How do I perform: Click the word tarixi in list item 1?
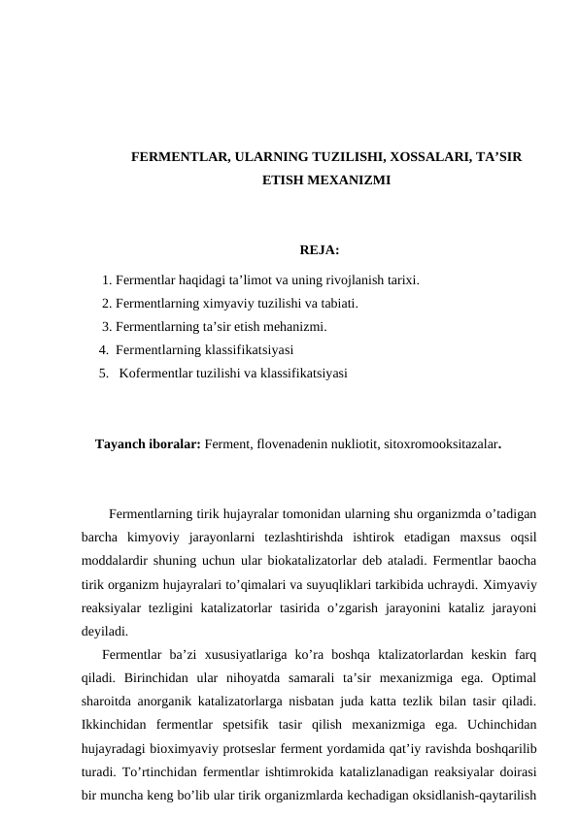399,281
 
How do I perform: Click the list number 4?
103,349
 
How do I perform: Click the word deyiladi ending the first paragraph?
106,630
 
